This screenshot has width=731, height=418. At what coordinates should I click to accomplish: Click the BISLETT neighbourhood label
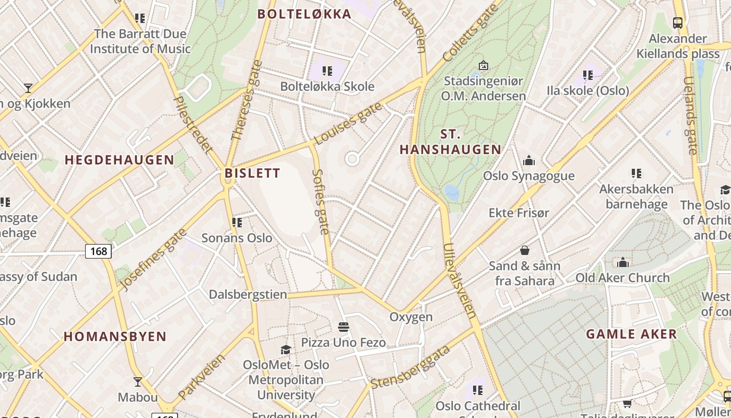click(252, 173)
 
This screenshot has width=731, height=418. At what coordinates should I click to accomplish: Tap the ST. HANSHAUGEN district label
click(450, 142)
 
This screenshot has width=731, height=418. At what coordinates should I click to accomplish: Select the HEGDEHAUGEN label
click(119, 160)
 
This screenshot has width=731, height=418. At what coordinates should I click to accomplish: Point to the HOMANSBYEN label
click(115, 336)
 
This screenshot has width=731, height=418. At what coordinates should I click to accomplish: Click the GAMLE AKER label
click(631, 334)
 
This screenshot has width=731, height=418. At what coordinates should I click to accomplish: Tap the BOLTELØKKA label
click(304, 14)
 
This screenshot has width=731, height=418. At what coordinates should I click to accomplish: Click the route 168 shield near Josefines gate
click(98, 251)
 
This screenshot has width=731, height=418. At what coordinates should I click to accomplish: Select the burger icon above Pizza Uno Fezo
click(343, 328)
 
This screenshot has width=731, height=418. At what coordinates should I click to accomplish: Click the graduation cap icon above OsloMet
click(286, 350)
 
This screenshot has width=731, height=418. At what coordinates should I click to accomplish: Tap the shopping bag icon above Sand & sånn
click(525, 250)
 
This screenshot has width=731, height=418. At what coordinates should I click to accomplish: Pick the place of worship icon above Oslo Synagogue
click(528, 160)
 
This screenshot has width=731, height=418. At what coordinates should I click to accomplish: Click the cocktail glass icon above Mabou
click(137, 382)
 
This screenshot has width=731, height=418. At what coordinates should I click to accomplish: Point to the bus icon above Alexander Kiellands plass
click(678, 23)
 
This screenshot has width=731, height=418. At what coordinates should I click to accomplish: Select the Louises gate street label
click(348, 123)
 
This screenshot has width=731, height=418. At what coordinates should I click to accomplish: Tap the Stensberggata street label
click(410, 367)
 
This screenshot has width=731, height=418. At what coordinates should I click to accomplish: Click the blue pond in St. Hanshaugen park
click(452, 192)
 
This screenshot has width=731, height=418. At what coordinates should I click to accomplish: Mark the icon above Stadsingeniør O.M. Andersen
click(483, 66)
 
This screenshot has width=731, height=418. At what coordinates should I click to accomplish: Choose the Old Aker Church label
click(622, 277)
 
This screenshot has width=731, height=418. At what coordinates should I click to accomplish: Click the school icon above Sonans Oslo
click(237, 223)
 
